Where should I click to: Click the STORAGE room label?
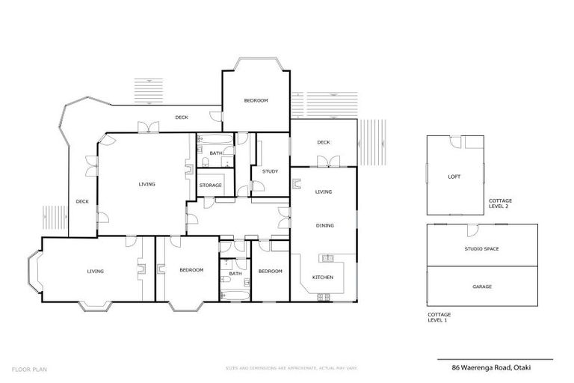210,185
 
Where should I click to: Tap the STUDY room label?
270,171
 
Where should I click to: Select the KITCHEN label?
323,278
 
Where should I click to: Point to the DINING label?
324,225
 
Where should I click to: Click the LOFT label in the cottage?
454,177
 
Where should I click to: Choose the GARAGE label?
482,287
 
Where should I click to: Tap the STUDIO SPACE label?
481,248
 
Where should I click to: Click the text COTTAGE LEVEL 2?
500,203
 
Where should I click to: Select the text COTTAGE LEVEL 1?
439,317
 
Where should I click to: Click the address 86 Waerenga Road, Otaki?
494,367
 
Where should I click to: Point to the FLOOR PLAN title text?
26,367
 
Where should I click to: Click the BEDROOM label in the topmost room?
256,100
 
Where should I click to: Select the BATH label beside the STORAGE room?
215,153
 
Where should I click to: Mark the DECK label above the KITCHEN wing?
323,142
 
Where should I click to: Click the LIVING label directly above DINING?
323,192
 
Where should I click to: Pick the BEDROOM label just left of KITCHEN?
270,271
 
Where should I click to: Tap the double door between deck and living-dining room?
324,162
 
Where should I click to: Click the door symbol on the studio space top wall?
472,228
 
